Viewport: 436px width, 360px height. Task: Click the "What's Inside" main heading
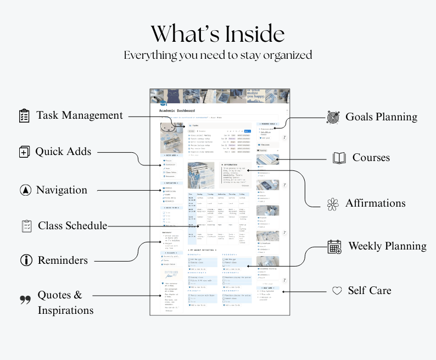[x=218, y=34]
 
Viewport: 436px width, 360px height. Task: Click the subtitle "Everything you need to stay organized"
[x=218, y=55]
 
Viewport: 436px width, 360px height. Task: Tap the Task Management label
[x=80, y=115]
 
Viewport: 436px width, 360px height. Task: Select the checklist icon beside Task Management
[x=24, y=116]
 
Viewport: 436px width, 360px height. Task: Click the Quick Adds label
[x=63, y=152]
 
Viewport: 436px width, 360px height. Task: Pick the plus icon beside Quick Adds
[x=24, y=152]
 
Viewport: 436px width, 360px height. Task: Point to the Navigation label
[x=62, y=190]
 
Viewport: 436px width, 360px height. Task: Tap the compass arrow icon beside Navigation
[x=24, y=190]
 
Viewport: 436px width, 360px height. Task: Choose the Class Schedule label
[x=72, y=225]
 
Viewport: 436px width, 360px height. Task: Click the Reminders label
[x=63, y=260]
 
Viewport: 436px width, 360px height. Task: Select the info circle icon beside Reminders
[x=25, y=260]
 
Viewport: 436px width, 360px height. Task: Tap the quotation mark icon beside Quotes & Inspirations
[x=25, y=300]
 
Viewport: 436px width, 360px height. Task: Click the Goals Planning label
[x=381, y=117]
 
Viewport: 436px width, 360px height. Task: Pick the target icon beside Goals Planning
[x=333, y=117]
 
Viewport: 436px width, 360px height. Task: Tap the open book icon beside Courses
[x=339, y=158]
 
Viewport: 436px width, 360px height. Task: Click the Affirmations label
[x=375, y=203]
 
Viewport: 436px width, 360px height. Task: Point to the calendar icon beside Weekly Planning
[x=334, y=247]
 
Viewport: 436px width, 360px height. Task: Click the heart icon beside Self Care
[x=337, y=290]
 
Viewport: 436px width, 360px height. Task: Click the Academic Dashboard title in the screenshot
[x=177, y=111]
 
